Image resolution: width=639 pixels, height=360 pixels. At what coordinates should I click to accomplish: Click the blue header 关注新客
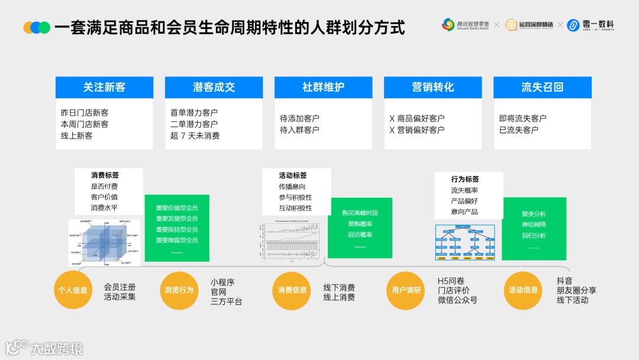104,87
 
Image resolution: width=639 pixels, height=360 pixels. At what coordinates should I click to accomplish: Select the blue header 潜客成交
214,87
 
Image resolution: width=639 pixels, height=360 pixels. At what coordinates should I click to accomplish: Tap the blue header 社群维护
323,87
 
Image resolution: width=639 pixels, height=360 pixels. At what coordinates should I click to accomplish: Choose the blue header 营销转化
433,87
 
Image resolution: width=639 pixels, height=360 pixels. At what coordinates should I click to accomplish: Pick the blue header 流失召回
542,87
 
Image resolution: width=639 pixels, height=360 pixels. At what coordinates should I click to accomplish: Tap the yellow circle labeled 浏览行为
179,290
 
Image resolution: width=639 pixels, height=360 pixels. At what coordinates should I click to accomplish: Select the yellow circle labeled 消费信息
293,290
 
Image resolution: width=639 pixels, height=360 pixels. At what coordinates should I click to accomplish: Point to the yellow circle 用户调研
406,290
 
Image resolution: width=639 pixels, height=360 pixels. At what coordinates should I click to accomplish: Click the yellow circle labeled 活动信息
523,290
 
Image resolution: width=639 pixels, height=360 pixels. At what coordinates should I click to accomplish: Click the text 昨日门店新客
85,112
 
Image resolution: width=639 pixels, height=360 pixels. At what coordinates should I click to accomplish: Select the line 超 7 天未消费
195,136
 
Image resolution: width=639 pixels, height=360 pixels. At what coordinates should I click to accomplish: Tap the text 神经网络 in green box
534,224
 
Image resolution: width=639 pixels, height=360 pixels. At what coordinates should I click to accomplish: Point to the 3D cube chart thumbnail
104,242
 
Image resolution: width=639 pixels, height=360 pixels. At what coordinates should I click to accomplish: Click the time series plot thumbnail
290,241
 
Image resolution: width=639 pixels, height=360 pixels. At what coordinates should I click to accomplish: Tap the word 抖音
564,281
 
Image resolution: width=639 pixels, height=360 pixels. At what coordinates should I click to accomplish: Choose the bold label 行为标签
465,179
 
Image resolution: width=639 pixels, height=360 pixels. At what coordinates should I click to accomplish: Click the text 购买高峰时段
360,213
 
